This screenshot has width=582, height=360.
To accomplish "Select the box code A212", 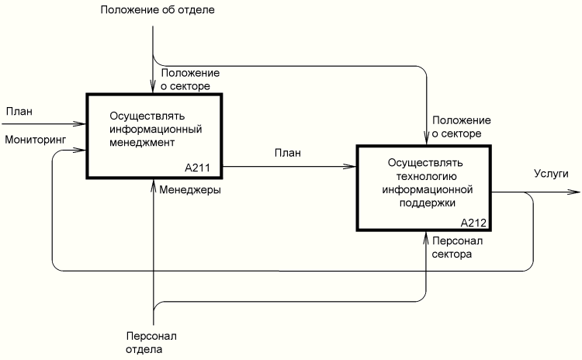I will pyautogui.click(x=473, y=223).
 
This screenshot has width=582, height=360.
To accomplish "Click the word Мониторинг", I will pyautogui.click(x=36, y=139).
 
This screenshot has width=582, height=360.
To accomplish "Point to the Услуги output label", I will pyautogui.click(x=551, y=174).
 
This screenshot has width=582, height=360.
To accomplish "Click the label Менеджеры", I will pyautogui.click(x=190, y=189).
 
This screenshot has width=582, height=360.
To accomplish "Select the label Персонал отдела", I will pyautogui.click(x=151, y=343).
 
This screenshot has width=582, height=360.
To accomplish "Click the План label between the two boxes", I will pyautogui.click(x=287, y=152).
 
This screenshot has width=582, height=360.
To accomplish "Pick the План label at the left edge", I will pyautogui.click(x=19, y=111).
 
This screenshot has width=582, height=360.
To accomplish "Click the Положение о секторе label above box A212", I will pyautogui.click(x=462, y=127).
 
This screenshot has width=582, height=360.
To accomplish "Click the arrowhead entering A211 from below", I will pyautogui.click(x=154, y=182).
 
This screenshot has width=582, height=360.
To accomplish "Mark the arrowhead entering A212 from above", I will pyautogui.click(x=426, y=141).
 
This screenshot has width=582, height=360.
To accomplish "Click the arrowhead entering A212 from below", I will pyautogui.click(x=426, y=235).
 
